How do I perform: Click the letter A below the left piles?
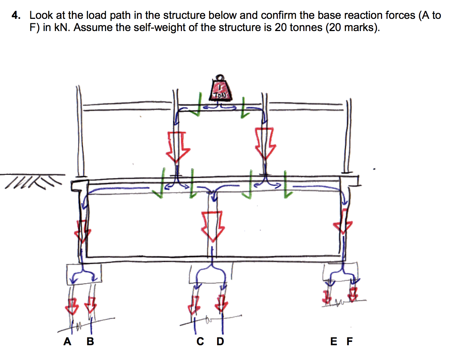tap(67, 341)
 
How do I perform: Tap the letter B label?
tap(90, 341)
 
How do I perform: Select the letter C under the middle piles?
tap(200, 341)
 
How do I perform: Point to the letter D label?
tap(220, 341)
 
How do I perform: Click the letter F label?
tap(350, 341)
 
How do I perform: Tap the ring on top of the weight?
tap(220, 78)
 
